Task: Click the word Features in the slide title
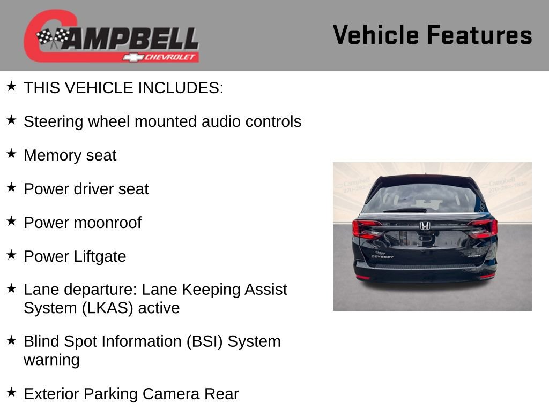pyautogui.click(x=479, y=35)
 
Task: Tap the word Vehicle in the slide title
pyautogui.click(x=375, y=35)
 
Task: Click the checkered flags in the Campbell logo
pyautogui.click(x=53, y=37)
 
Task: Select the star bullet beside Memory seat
pyautogui.click(x=11, y=154)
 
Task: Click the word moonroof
pyautogui.click(x=111, y=223)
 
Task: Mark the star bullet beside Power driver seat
pyautogui.click(x=11, y=188)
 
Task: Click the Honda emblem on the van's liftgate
pyautogui.click(x=425, y=225)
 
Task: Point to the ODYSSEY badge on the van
pyautogui.click(x=382, y=256)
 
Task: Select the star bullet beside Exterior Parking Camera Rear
pyautogui.click(x=11, y=393)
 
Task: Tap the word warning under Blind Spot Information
pyautogui.click(x=51, y=360)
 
